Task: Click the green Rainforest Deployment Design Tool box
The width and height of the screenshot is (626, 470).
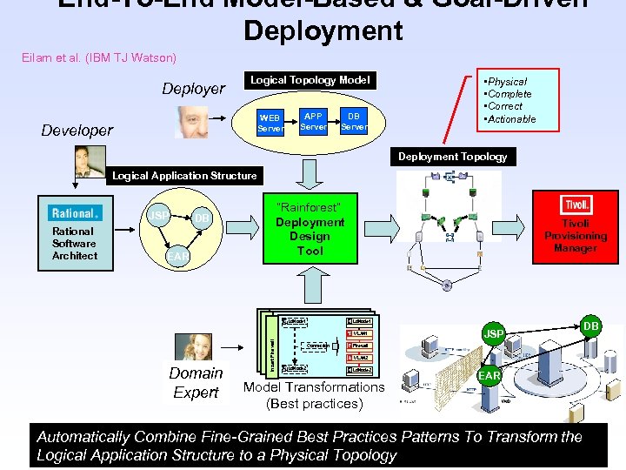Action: (310, 229)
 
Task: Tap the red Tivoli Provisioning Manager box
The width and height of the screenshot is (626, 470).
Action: (575, 226)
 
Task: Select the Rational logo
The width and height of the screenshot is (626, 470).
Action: (75, 212)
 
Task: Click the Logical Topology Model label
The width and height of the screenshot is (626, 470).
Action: (310, 80)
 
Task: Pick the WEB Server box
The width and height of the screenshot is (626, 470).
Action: (270, 123)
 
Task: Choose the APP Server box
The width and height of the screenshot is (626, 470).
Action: (313, 121)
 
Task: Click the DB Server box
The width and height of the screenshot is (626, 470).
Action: (353, 121)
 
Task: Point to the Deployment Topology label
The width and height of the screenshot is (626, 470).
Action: (452, 157)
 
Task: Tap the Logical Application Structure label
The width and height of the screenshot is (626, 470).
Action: (184, 175)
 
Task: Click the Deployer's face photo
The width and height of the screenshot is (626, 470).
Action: (191, 122)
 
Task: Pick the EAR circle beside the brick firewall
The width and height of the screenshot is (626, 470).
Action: (489, 376)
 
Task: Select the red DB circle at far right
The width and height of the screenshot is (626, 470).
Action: (590, 326)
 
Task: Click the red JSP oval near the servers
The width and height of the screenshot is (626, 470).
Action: (494, 333)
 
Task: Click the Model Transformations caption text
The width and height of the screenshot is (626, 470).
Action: (313, 387)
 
